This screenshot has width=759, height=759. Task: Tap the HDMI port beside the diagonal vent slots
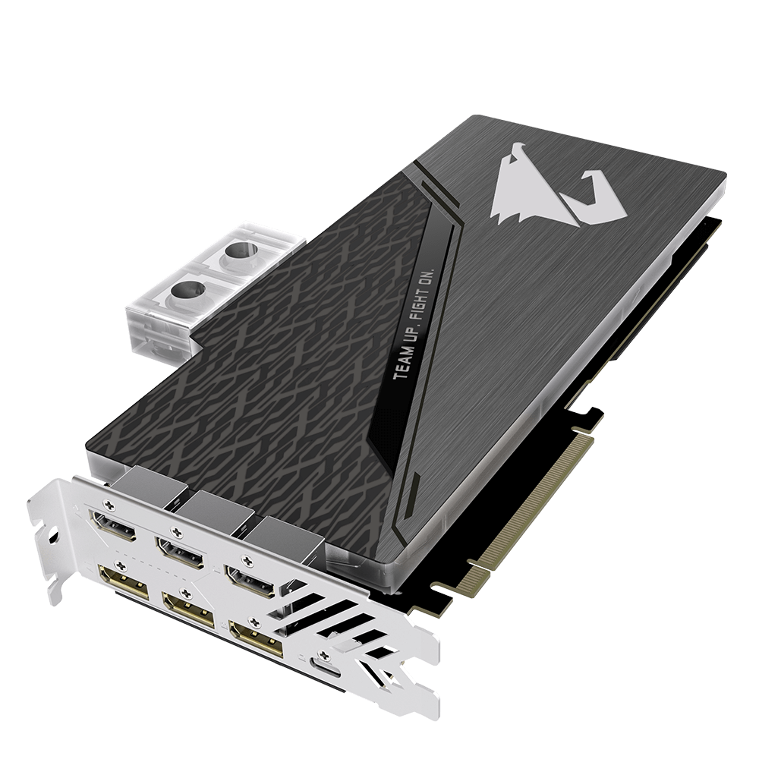pos(250,583)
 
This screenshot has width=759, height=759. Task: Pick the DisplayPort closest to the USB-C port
pos(256,638)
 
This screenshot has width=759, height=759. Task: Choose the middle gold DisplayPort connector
pos(189,606)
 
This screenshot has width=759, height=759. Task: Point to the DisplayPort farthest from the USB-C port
pos(124,578)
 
